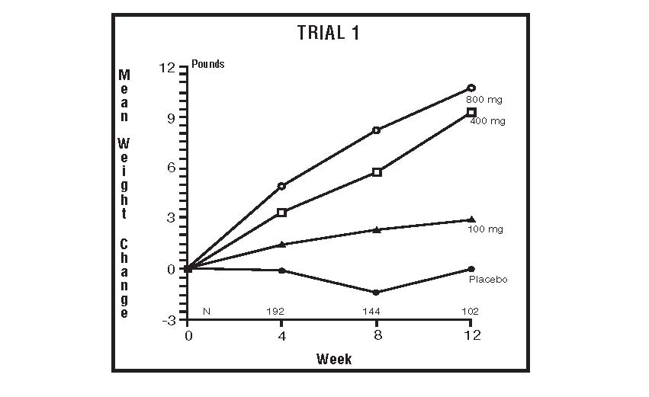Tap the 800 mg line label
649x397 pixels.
click(x=484, y=100)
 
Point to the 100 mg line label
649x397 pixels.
click(x=484, y=229)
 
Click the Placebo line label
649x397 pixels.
click(x=487, y=280)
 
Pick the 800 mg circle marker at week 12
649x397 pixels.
click(x=471, y=88)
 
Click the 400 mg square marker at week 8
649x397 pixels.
click(x=377, y=172)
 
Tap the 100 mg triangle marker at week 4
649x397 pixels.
click(x=282, y=245)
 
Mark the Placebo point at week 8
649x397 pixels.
click(x=377, y=293)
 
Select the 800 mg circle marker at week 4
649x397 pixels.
click(x=282, y=186)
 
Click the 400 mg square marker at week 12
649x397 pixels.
click(x=471, y=112)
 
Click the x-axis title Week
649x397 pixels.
click(x=334, y=358)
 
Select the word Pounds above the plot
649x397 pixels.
click(x=208, y=65)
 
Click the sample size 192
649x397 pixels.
click(x=282, y=312)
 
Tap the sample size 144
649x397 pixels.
click(x=377, y=312)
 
